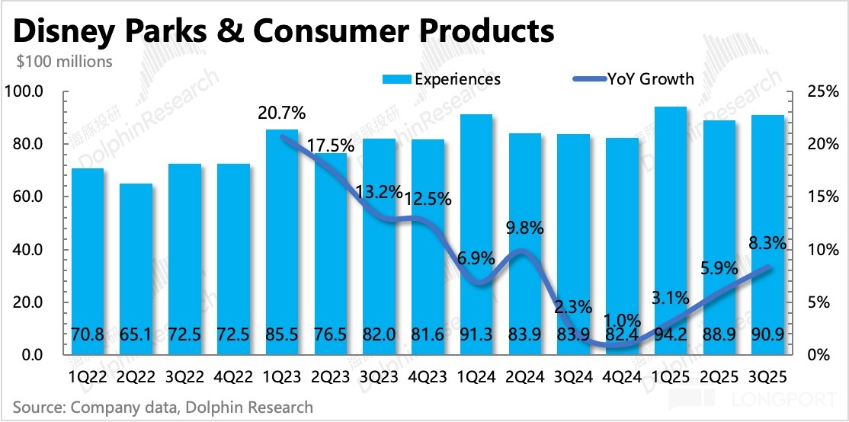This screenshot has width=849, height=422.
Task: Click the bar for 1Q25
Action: (671, 229)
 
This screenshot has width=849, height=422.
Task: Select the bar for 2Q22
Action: (136, 267)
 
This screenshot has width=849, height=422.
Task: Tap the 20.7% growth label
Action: (282, 113)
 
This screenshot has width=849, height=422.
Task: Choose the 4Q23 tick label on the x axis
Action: (428, 376)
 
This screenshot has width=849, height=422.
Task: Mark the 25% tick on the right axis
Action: (823, 92)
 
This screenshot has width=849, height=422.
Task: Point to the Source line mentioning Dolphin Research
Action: (163, 408)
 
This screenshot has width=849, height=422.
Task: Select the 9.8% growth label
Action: (525, 228)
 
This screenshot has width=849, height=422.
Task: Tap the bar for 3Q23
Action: (379, 244)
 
